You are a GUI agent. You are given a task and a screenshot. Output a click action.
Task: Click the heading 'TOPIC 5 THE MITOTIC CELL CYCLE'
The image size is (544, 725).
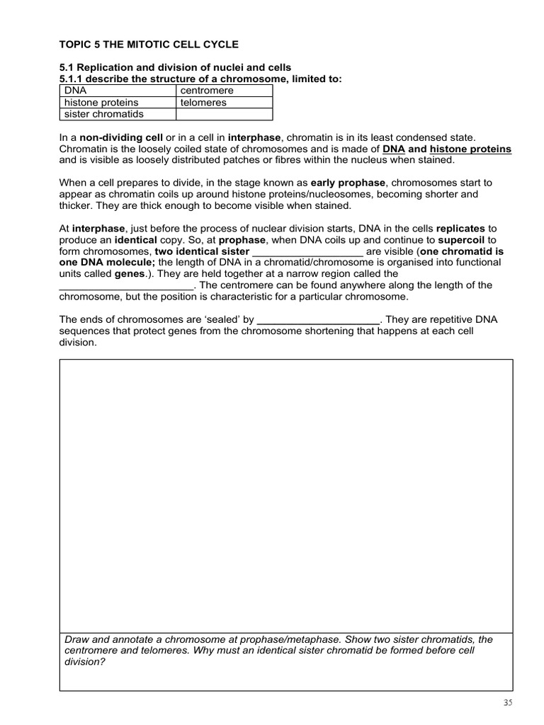149,44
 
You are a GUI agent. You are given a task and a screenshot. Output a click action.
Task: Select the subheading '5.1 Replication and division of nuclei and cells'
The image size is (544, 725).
175,67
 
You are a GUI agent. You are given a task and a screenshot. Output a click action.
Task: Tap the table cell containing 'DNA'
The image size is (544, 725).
117,91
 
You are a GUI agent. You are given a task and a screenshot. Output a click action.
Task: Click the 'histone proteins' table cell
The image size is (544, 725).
117,103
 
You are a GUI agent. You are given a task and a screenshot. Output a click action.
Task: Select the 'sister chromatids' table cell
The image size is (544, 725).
117,114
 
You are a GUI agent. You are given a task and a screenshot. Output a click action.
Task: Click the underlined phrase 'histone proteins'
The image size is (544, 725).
470,149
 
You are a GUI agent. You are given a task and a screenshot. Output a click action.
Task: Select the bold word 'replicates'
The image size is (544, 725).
461,229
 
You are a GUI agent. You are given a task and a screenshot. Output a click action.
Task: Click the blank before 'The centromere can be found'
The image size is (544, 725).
125,285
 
